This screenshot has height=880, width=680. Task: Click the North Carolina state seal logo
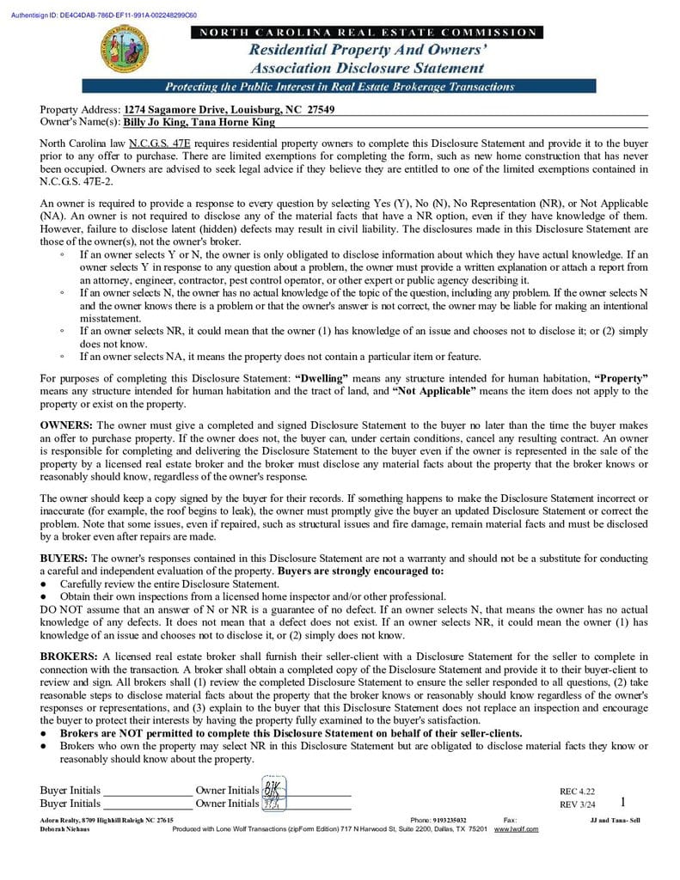pyautogui.click(x=126, y=50)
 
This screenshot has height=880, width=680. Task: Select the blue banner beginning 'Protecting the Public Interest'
pyautogui.click(x=340, y=87)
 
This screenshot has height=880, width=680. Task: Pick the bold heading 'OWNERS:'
pyautogui.click(x=67, y=425)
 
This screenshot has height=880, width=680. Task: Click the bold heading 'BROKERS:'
pyautogui.click(x=70, y=656)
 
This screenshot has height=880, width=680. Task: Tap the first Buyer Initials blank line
pyautogui.click(x=147, y=791)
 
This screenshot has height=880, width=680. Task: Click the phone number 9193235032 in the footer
pyautogui.click(x=450, y=821)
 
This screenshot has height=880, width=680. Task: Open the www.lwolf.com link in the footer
pyautogui.click(x=516, y=828)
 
